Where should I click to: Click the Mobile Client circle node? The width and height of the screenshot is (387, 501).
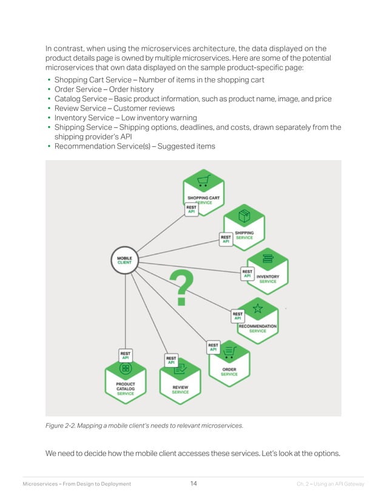124,260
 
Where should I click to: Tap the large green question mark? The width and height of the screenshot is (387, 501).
181,287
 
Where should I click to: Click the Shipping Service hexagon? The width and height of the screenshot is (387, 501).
244,227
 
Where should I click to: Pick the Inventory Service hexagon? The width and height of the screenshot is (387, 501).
267,270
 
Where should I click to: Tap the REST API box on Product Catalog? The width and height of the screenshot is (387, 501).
126,355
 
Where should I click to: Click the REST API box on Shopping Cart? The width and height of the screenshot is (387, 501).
191,209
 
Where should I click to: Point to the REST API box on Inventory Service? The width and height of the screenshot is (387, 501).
247,274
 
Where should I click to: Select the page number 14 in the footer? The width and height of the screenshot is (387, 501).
193,483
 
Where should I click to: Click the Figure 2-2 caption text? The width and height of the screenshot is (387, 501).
144,426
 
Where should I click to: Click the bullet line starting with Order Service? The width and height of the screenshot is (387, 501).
104,89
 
